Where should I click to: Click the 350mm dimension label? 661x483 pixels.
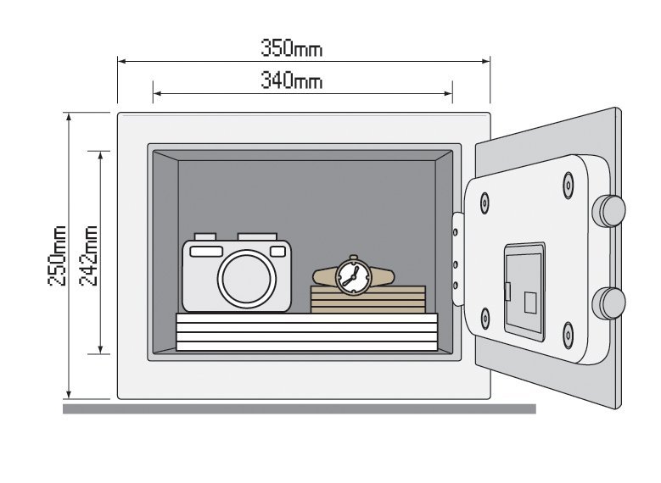(x=291, y=48)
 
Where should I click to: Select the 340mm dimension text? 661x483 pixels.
(x=291, y=81)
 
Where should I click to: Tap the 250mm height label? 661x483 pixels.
(x=59, y=256)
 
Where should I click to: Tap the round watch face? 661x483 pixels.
(x=352, y=275)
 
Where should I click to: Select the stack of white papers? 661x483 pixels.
(x=306, y=331)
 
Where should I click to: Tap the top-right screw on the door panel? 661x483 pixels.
(x=568, y=184)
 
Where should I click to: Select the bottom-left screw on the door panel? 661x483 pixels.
(x=485, y=319)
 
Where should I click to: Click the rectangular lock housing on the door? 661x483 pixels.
(x=524, y=291)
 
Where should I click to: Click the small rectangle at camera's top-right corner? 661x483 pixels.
(x=277, y=251)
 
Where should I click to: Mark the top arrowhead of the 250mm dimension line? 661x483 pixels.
(x=69, y=117)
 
